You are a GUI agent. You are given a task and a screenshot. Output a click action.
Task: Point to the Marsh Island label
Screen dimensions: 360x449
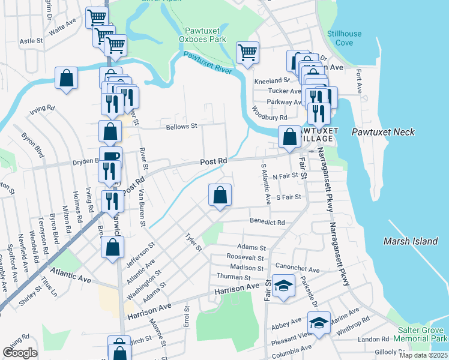tap(411, 241)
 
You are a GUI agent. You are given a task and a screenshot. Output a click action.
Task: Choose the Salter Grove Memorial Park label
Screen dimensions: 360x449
tap(423, 335)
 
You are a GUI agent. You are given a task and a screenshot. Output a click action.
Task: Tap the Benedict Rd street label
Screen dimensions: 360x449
tap(268, 222)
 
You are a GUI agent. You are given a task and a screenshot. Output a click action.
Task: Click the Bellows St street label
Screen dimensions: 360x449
tap(181, 126)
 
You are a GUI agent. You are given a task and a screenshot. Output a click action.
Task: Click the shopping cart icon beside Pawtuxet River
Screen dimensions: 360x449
tap(247, 52)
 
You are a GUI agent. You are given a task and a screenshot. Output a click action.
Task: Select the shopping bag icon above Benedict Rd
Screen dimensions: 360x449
tap(220, 194)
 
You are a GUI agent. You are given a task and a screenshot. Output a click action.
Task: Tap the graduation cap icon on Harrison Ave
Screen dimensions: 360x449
tap(283, 286)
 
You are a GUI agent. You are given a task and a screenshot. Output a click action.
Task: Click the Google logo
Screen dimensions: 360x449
tap(20, 353)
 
